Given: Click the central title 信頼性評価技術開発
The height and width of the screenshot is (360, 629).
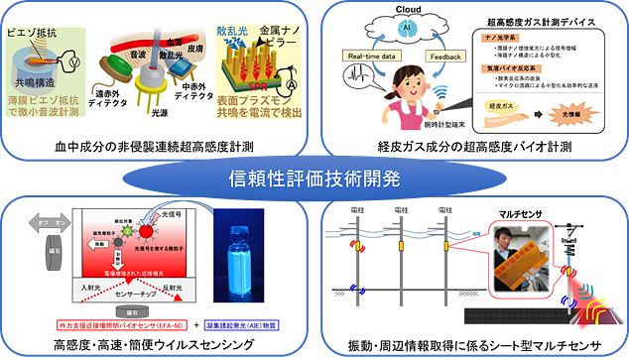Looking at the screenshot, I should coord(314,179).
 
